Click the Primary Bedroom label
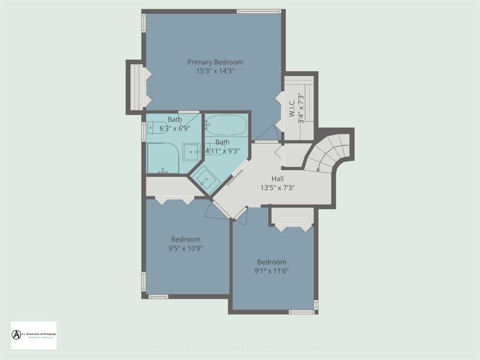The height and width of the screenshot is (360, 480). (x=215, y=62)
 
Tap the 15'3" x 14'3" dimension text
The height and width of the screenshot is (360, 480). (x=215, y=71)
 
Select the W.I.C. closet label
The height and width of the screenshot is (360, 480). (x=291, y=108)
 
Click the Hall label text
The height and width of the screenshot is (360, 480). (x=277, y=179)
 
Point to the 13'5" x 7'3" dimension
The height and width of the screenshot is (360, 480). (x=277, y=187)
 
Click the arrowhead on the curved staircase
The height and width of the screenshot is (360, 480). (x=318, y=170)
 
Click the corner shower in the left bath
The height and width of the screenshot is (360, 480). (x=163, y=158)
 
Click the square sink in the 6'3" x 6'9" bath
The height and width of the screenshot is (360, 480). (x=190, y=151)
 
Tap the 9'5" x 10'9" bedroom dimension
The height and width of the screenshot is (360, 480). (x=185, y=248)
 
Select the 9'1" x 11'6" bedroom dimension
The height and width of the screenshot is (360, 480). (x=272, y=271)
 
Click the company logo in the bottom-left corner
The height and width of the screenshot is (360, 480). (x=33, y=335)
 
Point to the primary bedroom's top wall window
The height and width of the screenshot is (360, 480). (x=259, y=11)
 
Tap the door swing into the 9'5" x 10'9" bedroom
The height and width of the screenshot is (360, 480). (x=216, y=211)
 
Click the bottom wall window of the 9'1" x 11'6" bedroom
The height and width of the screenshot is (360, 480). (x=301, y=312)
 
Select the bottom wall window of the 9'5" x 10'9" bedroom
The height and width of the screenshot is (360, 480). (x=158, y=296)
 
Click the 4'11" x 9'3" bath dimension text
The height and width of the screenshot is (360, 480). (x=222, y=151)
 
